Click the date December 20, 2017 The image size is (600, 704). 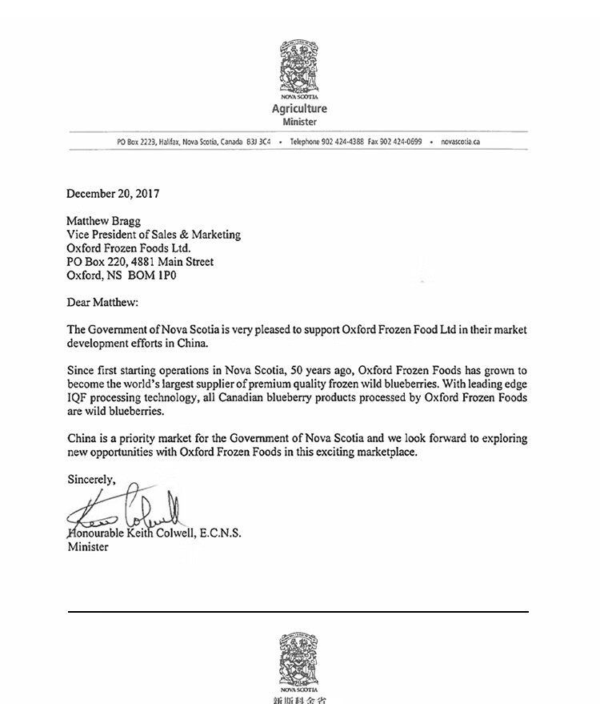[x=114, y=194]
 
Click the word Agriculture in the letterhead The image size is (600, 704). [x=299, y=109]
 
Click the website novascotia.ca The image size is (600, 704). [x=459, y=141]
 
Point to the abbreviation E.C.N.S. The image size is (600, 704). [x=218, y=533]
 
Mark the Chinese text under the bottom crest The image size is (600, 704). [x=299, y=699]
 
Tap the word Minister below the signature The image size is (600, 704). [x=88, y=547]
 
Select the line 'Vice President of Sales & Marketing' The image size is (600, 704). [x=154, y=235]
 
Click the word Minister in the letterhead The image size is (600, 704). [x=299, y=123]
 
